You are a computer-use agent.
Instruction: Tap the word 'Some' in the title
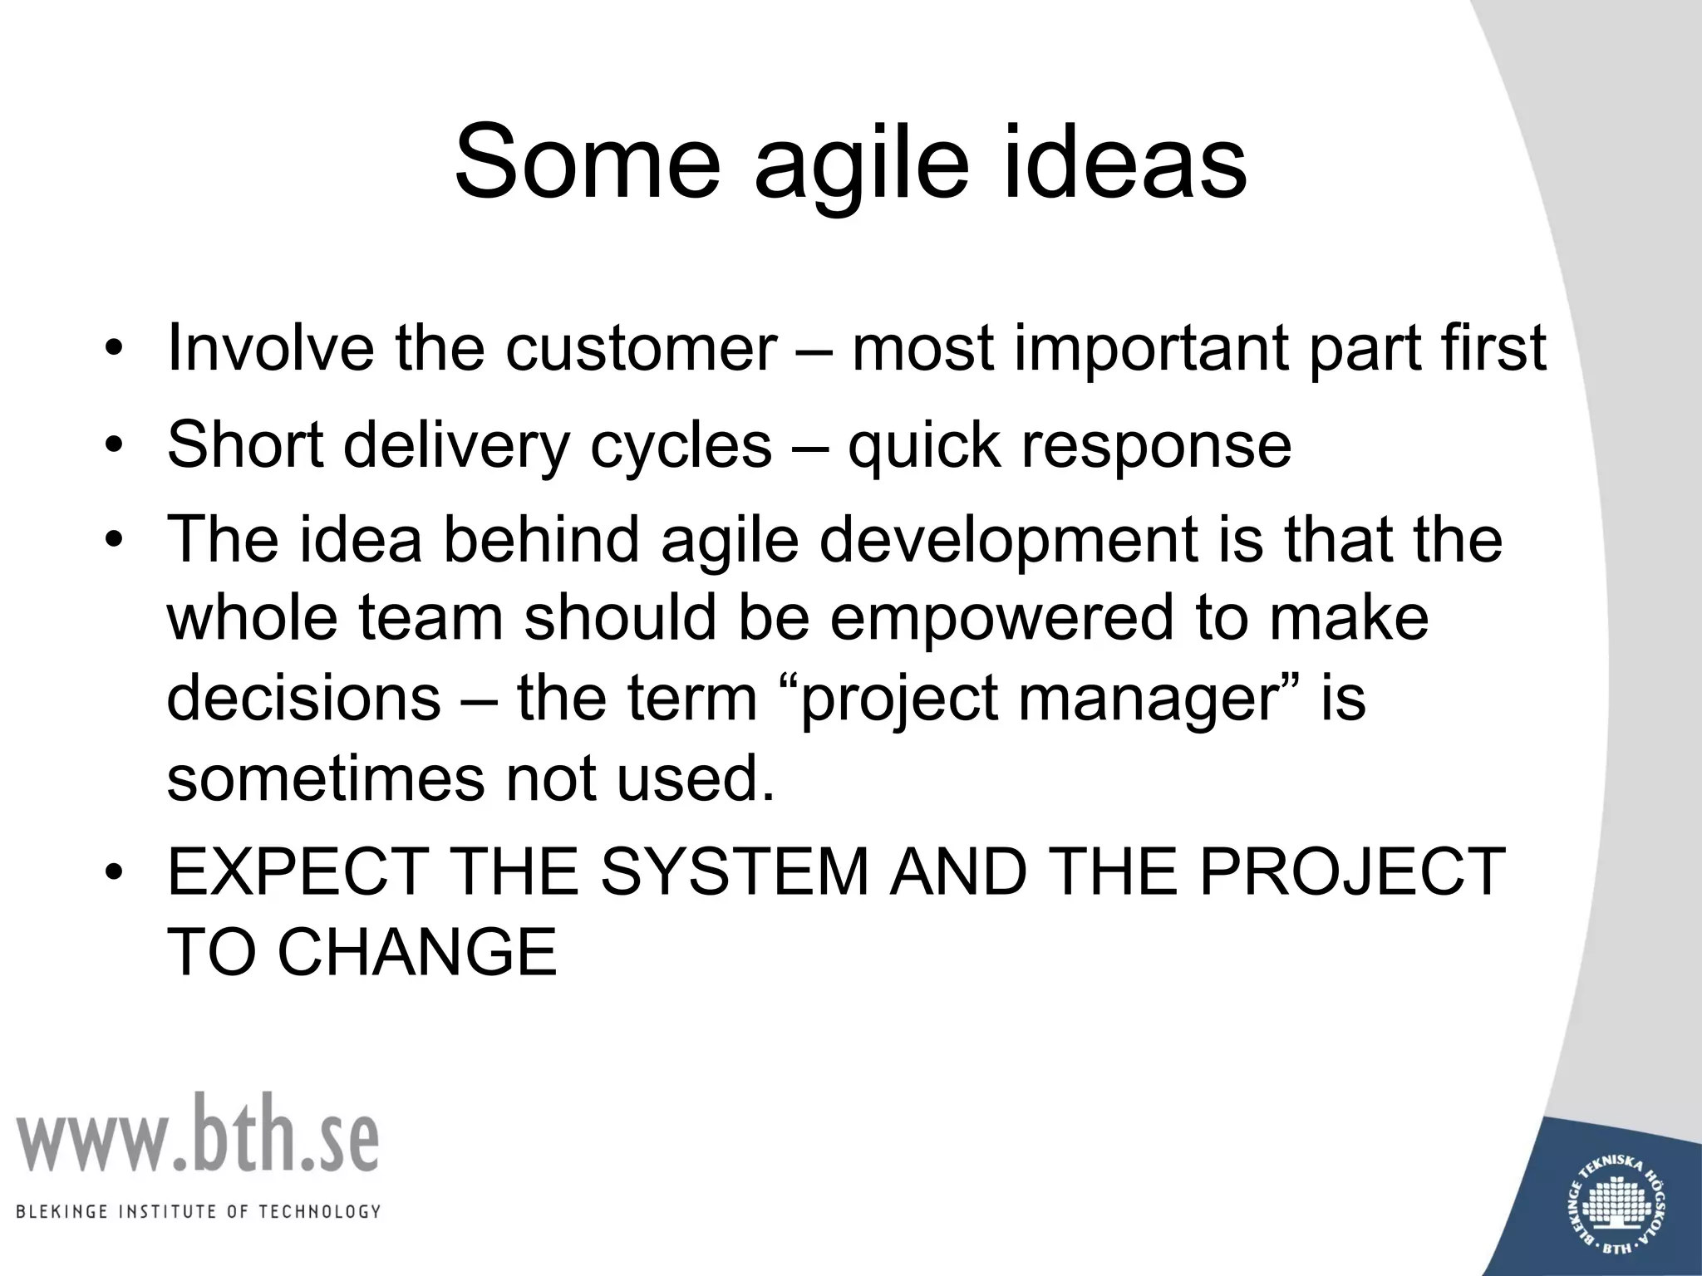click(588, 162)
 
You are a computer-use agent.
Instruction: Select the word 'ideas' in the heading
click(1125, 162)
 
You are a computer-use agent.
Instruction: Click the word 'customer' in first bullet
click(641, 348)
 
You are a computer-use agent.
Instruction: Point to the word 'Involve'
click(271, 348)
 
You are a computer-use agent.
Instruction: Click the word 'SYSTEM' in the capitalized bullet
click(734, 872)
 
